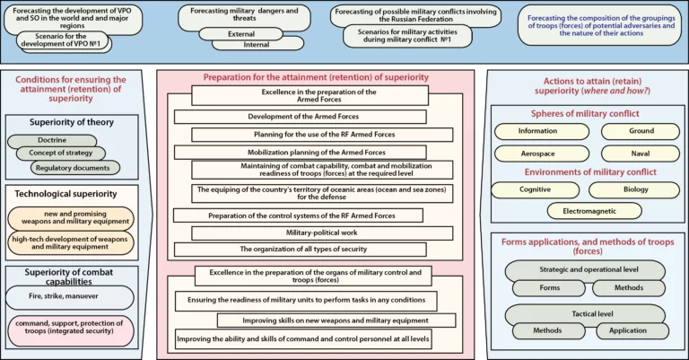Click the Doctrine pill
(x=52, y=141)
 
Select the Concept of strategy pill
(x=61, y=153)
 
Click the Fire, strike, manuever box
(x=70, y=297)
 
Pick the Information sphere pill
(x=542, y=131)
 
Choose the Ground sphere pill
(x=641, y=131)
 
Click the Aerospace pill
(x=542, y=154)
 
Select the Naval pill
(x=641, y=154)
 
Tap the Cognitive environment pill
(x=536, y=190)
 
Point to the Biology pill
(x=634, y=190)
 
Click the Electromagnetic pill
(x=594, y=211)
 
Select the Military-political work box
(x=322, y=233)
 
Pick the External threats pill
(x=240, y=34)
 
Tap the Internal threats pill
(x=258, y=44)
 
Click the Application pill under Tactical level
(x=632, y=331)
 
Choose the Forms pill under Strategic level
(x=549, y=288)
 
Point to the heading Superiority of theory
(x=72, y=122)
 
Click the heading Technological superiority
(x=65, y=194)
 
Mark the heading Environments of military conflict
(x=590, y=172)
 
